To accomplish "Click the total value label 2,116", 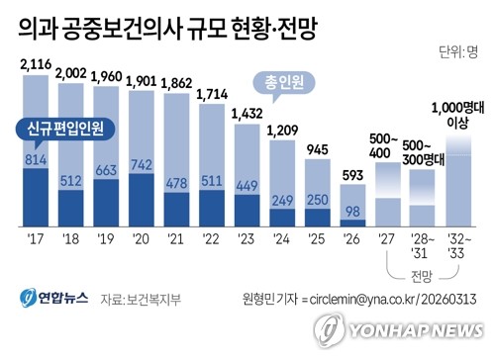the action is coord(36,64).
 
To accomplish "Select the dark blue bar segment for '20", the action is coord(142,200).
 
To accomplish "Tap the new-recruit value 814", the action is coord(36,160).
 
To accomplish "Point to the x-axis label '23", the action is coord(246,239).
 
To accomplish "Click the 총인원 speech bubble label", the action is coord(284,82).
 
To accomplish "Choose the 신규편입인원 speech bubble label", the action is coord(65,129).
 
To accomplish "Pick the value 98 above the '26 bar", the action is coord(352,212).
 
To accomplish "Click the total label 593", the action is coord(352,175).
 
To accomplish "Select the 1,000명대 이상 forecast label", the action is coord(457,115).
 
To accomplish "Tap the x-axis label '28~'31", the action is coord(423,246).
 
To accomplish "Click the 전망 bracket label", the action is coord(422,276).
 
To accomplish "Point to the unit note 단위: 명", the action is coord(458,52).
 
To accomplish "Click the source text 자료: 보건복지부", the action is coord(141,300).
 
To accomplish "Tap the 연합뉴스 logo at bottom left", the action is coord(53,298).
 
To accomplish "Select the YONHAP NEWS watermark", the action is coord(399,330).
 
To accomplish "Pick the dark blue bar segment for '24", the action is coord(282,218).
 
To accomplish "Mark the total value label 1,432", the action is coord(247,114).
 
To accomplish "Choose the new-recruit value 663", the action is coord(106,170).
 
